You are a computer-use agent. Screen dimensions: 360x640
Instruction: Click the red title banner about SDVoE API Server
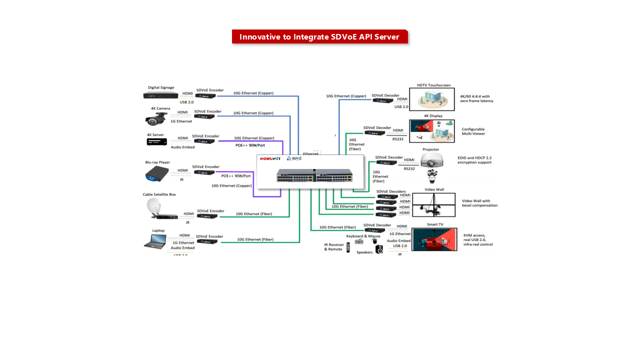point(319,37)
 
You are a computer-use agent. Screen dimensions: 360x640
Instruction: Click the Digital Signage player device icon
point(160,95)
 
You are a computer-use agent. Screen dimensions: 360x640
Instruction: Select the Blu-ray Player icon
point(156,174)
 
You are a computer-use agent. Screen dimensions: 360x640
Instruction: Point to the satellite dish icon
point(153,206)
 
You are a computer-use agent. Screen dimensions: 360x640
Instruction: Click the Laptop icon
point(155,241)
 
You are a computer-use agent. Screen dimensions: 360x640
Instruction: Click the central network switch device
point(314,175)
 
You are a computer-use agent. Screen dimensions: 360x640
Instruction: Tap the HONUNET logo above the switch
point(270,159)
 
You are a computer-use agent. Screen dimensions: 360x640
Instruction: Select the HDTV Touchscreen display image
point(431,99)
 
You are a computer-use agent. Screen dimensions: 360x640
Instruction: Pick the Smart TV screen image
point(434,239)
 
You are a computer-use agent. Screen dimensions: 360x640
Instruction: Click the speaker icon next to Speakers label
point(379,249)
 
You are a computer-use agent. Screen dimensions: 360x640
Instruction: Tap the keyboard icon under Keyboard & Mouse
point(359,242)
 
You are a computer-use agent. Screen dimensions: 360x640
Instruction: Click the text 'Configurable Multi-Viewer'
point(473,131)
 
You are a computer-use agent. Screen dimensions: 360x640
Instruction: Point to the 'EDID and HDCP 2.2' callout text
point(474,160)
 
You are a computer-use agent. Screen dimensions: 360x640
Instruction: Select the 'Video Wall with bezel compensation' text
point(479,203)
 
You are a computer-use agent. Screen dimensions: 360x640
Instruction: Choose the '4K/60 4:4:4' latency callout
point(476,98)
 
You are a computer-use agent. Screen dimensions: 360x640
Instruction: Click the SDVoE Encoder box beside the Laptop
point(207,241)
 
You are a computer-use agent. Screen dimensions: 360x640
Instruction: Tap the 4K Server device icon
point(156,142)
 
